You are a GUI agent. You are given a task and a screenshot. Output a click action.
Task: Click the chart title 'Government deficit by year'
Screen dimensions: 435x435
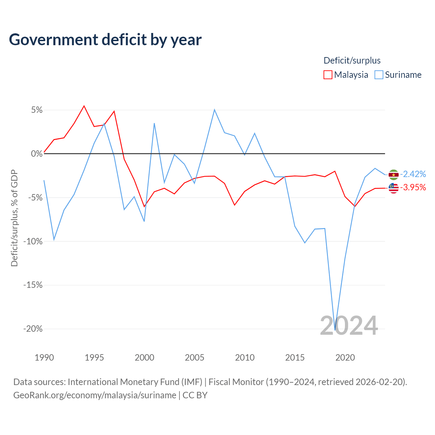[x=105, y=40]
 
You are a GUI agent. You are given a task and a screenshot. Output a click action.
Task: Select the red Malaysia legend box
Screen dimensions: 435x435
[x=328, y=75]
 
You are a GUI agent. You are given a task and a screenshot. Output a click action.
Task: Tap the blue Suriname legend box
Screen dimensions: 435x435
[x=379, y=75]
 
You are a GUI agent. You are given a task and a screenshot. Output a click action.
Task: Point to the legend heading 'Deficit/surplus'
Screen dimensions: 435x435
[x=352, y=60]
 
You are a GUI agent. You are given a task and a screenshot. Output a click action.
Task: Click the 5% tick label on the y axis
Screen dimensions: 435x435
[x=37, y=110]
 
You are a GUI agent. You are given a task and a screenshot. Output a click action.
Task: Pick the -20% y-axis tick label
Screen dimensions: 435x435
[x=33, y=329]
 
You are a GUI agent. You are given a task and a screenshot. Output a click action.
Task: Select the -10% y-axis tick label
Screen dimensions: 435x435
[x=33, y=241]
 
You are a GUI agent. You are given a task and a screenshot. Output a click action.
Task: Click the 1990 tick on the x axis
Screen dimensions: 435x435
[x=44, y=358]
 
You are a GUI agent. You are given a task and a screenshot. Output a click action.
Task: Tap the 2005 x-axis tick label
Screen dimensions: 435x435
[x=194, y=358]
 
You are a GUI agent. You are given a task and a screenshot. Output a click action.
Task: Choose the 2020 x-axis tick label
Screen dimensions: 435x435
[x=345, y=358]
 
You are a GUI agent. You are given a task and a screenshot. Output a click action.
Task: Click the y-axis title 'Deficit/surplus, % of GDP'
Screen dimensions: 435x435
[x=14, y=218]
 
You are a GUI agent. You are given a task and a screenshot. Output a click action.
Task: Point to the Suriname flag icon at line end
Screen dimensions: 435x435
[x=394, y=174]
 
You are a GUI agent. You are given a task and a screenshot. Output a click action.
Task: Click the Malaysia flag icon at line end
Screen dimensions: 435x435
[x=394, y=188]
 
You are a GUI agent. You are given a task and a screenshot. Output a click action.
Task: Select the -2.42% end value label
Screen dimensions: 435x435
[x=413, y=174]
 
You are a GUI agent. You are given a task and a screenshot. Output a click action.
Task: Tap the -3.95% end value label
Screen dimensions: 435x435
[x=413, y=187]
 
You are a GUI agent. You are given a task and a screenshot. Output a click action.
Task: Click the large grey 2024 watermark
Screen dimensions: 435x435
[x=349, y=326]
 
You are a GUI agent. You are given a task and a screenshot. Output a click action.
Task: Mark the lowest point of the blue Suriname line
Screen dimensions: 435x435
[x=335, y=330]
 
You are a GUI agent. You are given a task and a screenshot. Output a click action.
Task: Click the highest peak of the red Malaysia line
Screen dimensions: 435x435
[x=84, y=106]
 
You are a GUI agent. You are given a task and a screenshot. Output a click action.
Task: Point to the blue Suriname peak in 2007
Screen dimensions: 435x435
[x=214, y=110]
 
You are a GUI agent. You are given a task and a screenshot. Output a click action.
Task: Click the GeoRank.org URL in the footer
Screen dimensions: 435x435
[x=95, y=395]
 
